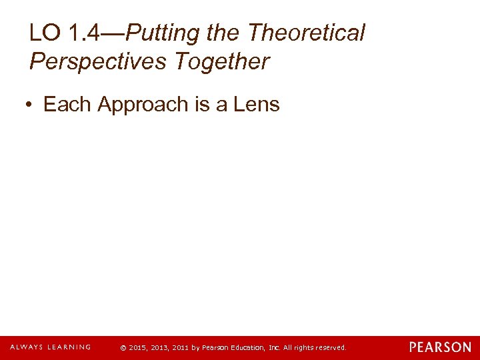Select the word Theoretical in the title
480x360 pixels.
[307, 33]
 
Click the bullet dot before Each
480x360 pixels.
[30, 105]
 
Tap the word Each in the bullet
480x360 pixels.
[68, 104]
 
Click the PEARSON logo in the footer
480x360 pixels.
[440, 347]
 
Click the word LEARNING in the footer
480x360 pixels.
[67, 347]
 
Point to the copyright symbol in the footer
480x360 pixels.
[122, 347]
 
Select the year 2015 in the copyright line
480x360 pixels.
[137, 347]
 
